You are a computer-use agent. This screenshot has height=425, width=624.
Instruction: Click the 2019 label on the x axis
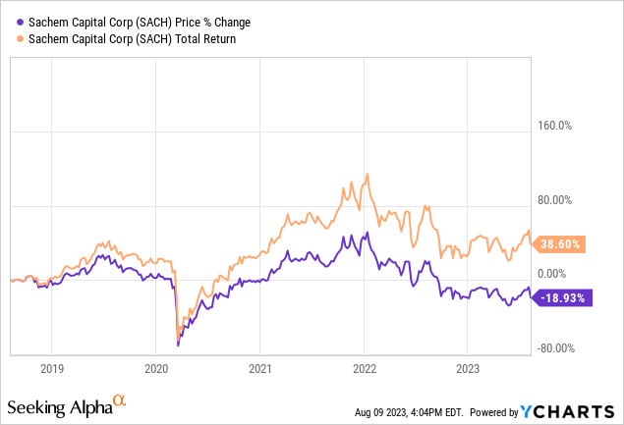(x=51, y=369)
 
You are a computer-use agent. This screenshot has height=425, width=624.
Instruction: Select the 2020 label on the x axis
(x=155, y=369)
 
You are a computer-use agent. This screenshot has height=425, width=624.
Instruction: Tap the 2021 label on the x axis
(x=259, y=369)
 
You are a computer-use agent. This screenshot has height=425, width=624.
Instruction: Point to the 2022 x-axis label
(x=364, y=369)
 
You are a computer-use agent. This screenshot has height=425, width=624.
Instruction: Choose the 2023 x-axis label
(x=468, y=369)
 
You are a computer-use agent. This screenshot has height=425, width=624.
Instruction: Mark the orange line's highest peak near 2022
(x=367, y=175)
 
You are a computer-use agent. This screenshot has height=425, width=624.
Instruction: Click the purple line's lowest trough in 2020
(x=178, y=345)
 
